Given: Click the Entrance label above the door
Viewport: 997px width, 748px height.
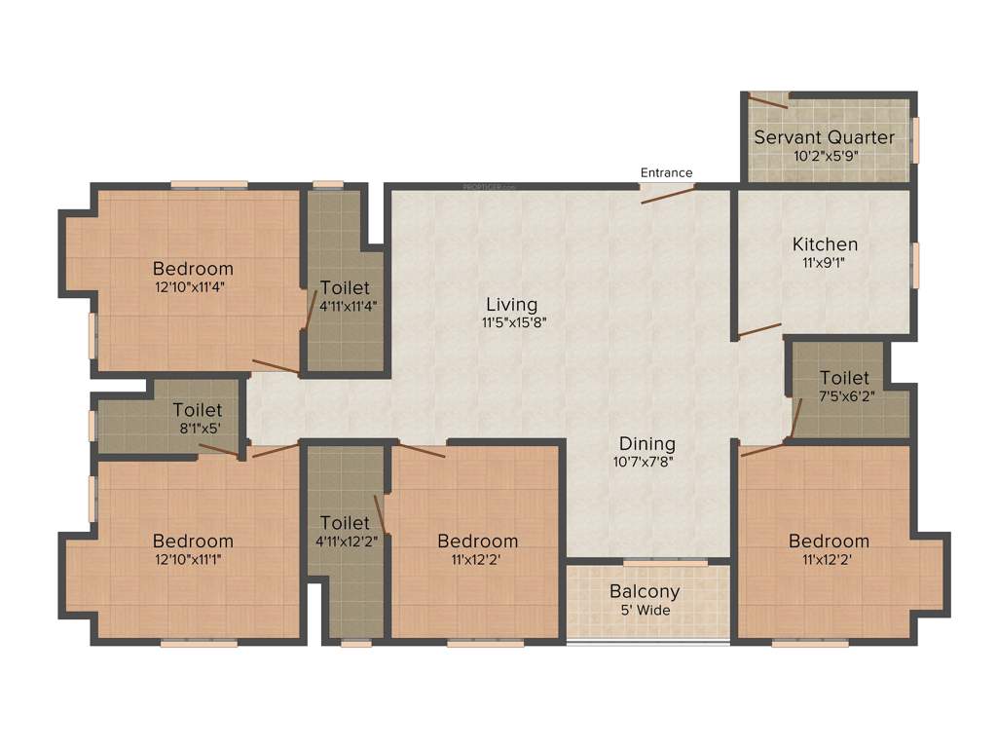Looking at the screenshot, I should pyautogui.click(x=666, y=172).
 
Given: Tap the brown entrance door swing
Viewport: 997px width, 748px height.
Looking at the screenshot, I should pyautogui.click(x=668, y=194).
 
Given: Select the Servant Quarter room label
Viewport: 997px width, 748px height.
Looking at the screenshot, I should pyautogui.click(x=824, y=137).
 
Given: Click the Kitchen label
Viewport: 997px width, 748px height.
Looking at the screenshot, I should pyautogui.click(x=825, y=243).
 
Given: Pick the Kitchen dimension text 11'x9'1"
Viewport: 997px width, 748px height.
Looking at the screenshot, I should pyautogui.click(x=825, y=262).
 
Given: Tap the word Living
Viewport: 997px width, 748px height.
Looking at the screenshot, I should pyautogui.click(x=511, y=305).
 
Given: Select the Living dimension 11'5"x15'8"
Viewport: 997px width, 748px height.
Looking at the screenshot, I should pyautogui.click(x=511, y=323).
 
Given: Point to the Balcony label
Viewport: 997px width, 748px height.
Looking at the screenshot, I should pyautogui.click(x=645, y=591).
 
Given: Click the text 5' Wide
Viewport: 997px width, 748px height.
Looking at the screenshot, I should pyautogui.click(x=645, y=611).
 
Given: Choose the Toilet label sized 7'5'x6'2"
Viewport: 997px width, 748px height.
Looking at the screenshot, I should pyautogui.click(x=844, y=378).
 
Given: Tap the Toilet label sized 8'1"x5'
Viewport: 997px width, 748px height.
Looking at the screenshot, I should pyautogui.click(x=198, y=411).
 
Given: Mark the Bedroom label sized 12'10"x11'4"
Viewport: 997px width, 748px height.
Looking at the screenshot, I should pyautogui.click(x=193, y=269).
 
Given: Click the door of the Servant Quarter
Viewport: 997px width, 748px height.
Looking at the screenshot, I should pyautogui.click(x=768, y=100).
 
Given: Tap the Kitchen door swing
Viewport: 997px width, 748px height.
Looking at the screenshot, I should pyautogui.click(x=758, y=331).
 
